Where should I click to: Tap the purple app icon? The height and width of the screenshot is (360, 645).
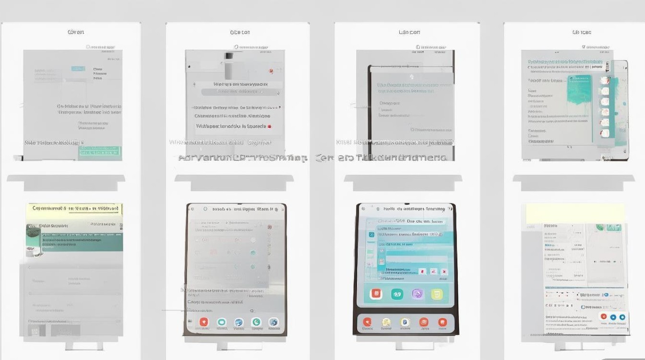point(417,294)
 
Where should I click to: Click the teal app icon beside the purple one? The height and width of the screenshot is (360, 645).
point(396,294)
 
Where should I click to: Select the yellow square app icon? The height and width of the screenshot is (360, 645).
point(437,294)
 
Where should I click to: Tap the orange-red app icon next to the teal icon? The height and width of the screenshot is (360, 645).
point(376,294)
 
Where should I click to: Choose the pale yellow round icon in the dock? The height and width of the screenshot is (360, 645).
point(386,322)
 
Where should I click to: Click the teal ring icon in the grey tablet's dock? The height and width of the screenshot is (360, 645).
point(221,322)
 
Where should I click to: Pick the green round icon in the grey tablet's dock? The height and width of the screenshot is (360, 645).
point(256,322)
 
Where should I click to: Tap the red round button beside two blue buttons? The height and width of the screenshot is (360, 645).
point(603,317)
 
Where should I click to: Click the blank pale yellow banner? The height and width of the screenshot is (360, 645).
point(575,213)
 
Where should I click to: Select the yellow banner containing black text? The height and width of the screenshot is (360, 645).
point(74,208)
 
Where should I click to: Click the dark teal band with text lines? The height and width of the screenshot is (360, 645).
point(82,242)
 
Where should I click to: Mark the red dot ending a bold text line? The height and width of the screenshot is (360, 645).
point(270,126)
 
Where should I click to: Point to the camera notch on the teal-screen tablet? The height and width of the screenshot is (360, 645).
point(411,77)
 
